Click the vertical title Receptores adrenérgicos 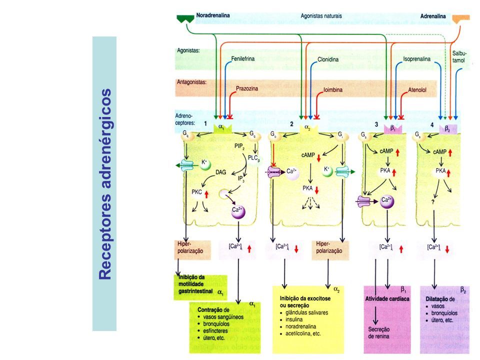[104, 184]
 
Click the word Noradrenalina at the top [213, 16]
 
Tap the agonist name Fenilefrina [243, 59]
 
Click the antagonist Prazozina [246, 88]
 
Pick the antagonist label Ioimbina [332, 90]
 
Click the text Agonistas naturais [321, 16]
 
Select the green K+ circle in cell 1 [204, 163]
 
